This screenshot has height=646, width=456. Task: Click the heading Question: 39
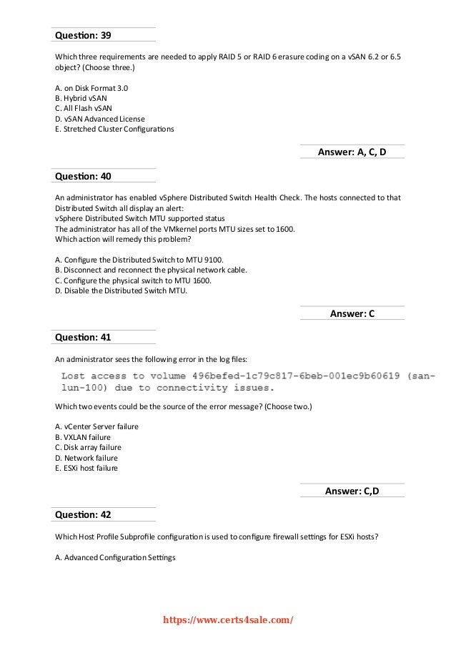tap(83, 34)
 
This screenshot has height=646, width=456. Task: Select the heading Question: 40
tap(83, 176)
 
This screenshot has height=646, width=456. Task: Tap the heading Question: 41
tap(83, 337)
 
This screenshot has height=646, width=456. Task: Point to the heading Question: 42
tap(83, 514)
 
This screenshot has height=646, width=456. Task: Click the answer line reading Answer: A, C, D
tap(352, 152)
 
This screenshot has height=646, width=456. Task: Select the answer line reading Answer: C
tap(352, 313)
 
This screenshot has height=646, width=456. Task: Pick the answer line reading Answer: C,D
tap(352, 491)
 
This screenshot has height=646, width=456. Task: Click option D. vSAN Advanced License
tap(99, 119)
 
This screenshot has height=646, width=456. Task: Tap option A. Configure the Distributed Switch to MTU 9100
tap(130, 259)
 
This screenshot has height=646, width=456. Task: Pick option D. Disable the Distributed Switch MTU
tap(119, 290)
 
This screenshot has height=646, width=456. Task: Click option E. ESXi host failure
tap(86, 469)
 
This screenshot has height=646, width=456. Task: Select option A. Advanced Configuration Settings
tap(114, 558)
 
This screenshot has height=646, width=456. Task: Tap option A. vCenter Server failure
tap(96, 426)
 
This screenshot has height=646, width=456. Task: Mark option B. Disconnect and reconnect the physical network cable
tap(151, 270)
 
